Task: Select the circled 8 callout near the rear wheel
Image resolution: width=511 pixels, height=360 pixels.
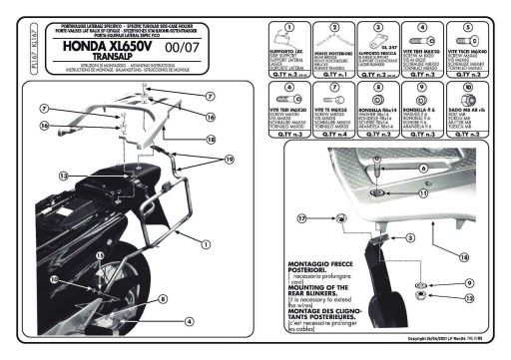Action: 162,298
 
